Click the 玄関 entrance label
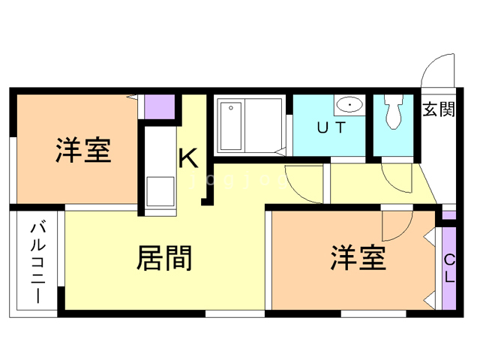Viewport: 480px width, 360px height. [439, 109]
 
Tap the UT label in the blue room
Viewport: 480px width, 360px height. [331, 127]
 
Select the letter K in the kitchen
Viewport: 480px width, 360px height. [188, 158]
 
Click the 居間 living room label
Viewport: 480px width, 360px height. [164, 258]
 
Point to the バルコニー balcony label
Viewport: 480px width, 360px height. [38, 263]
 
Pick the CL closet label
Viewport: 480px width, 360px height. [449, 268]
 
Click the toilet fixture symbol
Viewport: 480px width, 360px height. [393, 112]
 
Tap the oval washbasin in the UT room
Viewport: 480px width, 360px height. [349, 105]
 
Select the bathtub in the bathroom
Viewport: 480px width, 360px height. [231, 126]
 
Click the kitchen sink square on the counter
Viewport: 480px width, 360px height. [160, 191]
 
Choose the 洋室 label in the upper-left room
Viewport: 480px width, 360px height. [83, 150]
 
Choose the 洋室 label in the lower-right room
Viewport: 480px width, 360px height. [358, 258]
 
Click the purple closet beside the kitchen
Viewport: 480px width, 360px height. [160, 106]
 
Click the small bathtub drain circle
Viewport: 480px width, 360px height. [231, 108]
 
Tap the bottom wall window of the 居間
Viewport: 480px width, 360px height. [235, 313]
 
